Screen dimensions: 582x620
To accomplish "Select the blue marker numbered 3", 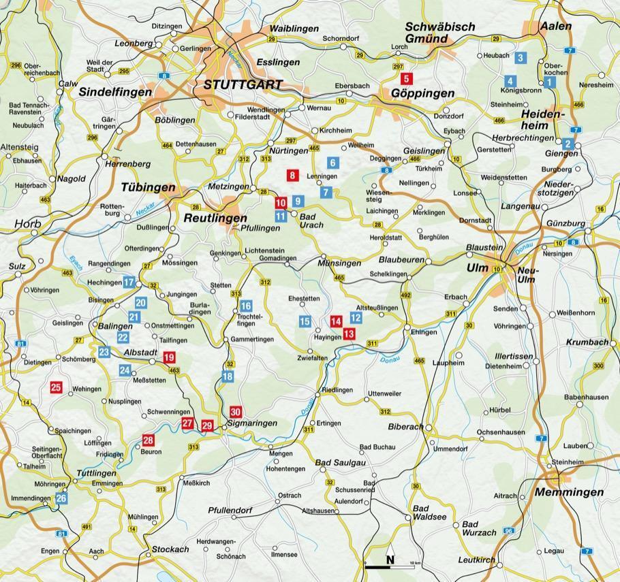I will tap(520, 58).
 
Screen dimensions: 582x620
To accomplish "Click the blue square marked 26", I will tap(61, 498).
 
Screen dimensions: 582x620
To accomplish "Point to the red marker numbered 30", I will tap(236, 412).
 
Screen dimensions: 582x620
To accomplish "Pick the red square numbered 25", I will tap(56, 387).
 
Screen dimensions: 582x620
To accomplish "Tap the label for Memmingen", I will tap(570, 491).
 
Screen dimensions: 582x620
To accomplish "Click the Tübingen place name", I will tap(148, 187).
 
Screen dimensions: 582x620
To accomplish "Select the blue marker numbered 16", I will tap(246, 306).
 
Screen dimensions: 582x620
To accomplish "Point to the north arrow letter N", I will tap(390, 560).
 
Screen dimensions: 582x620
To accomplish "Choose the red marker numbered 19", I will tap(169, 357).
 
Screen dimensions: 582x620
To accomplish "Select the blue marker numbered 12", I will tap(356, 317).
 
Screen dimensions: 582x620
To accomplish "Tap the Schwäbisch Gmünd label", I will tap(439, 33).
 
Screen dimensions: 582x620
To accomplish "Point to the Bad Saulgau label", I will tap(341, 463).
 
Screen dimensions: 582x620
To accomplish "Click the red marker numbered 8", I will tap(293, 176).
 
